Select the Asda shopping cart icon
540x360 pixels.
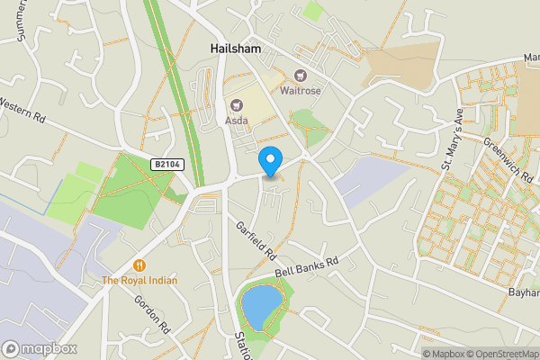click(237, 104)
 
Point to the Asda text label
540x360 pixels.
click(236, 120)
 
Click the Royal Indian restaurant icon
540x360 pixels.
click(139, 265)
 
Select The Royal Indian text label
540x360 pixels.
click(139, 281)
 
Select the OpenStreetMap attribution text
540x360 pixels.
click(498, 354)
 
